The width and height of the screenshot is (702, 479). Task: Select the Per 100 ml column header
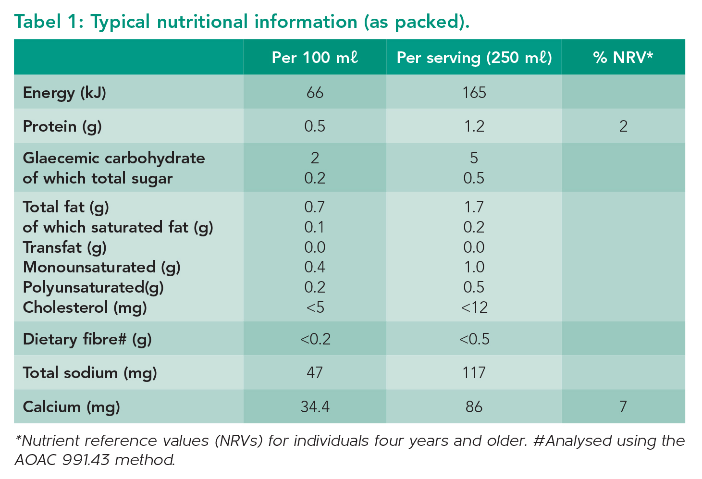coord(315,58)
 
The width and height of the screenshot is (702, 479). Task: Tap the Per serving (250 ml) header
coord(474,58)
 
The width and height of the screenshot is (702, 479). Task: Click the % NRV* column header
coord(623,58)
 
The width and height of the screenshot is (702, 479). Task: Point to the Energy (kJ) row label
coord(64,92)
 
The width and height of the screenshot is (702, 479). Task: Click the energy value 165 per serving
coord(474,92)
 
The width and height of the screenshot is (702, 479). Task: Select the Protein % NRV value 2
coord(623,126)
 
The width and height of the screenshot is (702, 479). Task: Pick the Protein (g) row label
coord(62,126)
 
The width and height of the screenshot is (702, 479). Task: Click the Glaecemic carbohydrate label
coord(114,158)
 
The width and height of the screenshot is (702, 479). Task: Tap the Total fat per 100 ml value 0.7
coord(315,207)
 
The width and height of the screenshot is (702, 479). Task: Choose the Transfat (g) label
coord(64,247)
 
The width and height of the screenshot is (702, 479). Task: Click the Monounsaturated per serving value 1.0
coord(474,267)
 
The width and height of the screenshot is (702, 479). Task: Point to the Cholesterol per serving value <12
coord(474,307)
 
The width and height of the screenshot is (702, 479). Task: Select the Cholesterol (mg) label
coord(85,307)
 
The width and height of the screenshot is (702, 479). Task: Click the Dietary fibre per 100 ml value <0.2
coord(315,339)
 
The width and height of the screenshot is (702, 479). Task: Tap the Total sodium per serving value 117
coord(474,373)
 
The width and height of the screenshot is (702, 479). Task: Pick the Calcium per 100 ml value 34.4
coord(315,407)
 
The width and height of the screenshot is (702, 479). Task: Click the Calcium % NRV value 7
coord(623,407)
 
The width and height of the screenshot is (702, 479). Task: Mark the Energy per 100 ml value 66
coord(315,92)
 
